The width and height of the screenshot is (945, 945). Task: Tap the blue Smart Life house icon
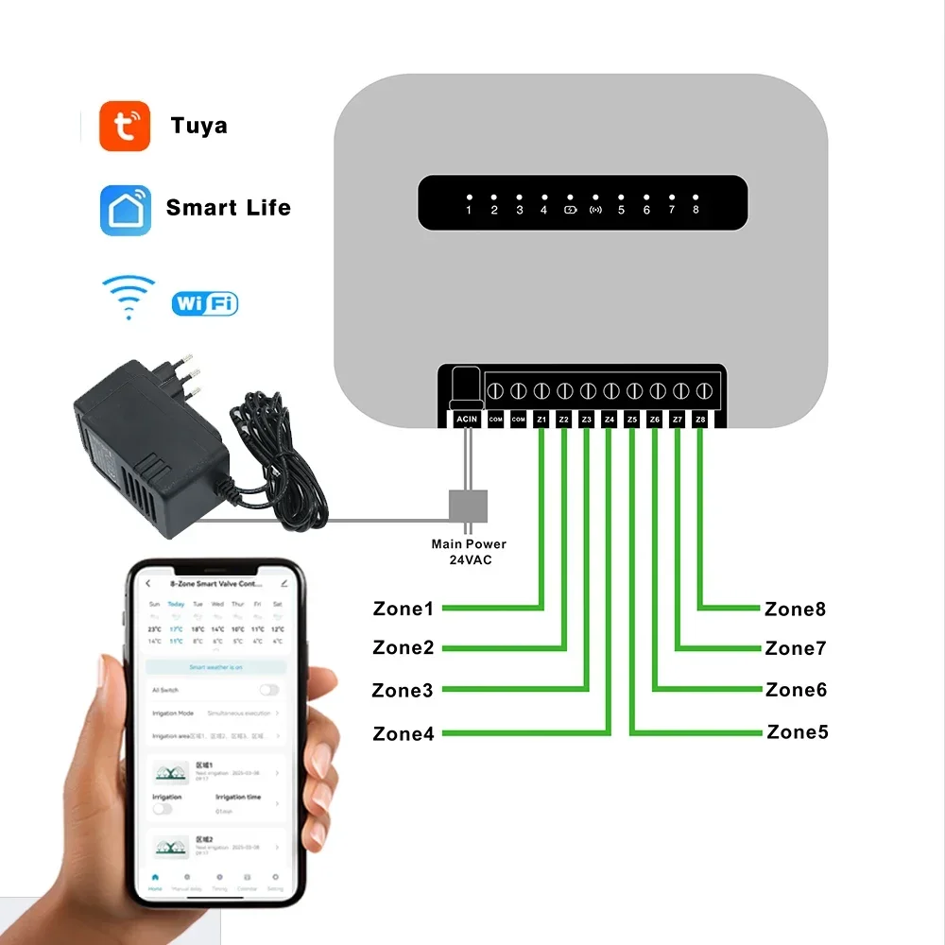125,209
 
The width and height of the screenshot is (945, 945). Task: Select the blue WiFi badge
204,303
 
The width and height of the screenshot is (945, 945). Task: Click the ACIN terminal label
467,419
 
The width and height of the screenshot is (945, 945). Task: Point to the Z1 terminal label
541,419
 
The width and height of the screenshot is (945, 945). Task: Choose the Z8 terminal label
700,419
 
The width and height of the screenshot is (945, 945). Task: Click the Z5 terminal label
632,419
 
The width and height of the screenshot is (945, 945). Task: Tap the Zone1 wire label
404,609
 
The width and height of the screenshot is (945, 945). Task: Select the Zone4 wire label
404,733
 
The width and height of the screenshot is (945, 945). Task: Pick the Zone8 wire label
795,609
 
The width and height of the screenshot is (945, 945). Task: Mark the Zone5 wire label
797,731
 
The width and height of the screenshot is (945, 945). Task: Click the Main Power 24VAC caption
469,552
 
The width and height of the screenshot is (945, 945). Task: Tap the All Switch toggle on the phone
269,690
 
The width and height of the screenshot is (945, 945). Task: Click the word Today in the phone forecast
176,604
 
